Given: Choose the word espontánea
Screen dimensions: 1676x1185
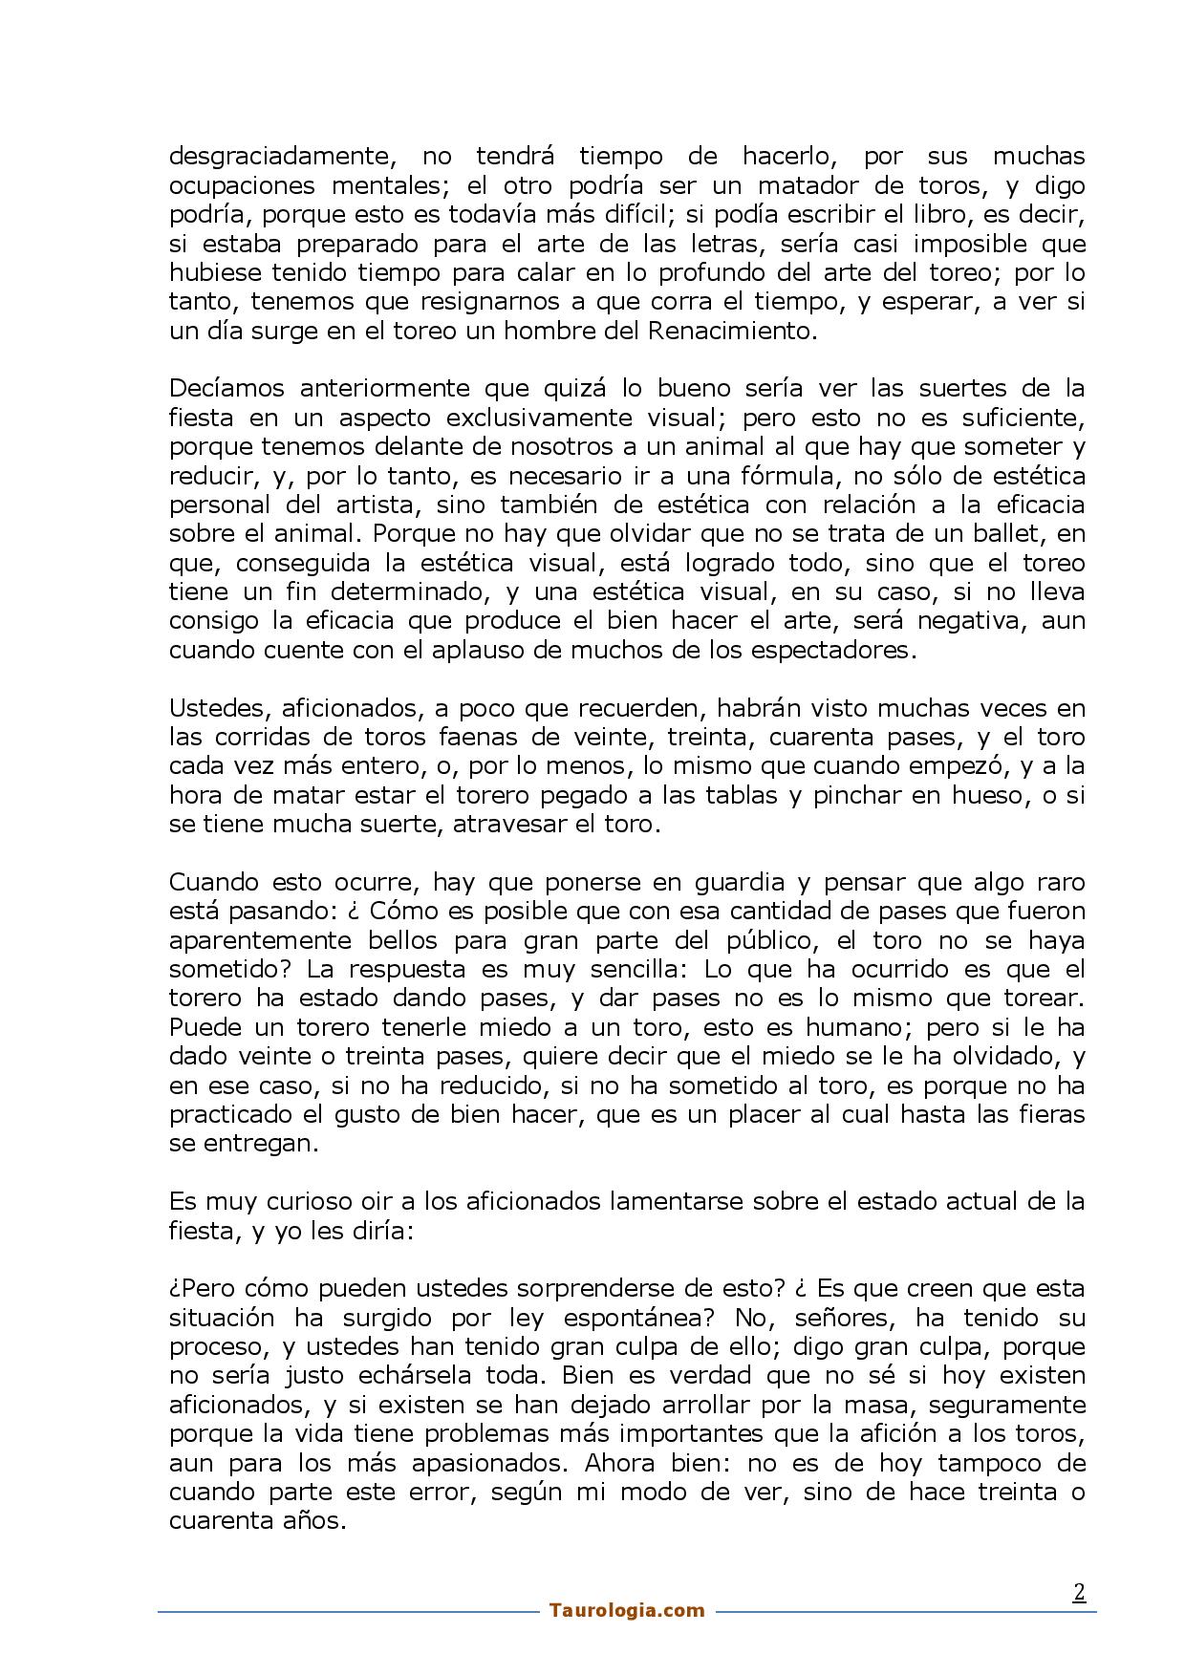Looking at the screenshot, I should click(x=639, y=1318).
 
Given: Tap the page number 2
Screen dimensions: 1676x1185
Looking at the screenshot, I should click(x=1079, y=1592).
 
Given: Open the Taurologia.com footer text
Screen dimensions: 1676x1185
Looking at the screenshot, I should click(x=627, y=1610).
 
